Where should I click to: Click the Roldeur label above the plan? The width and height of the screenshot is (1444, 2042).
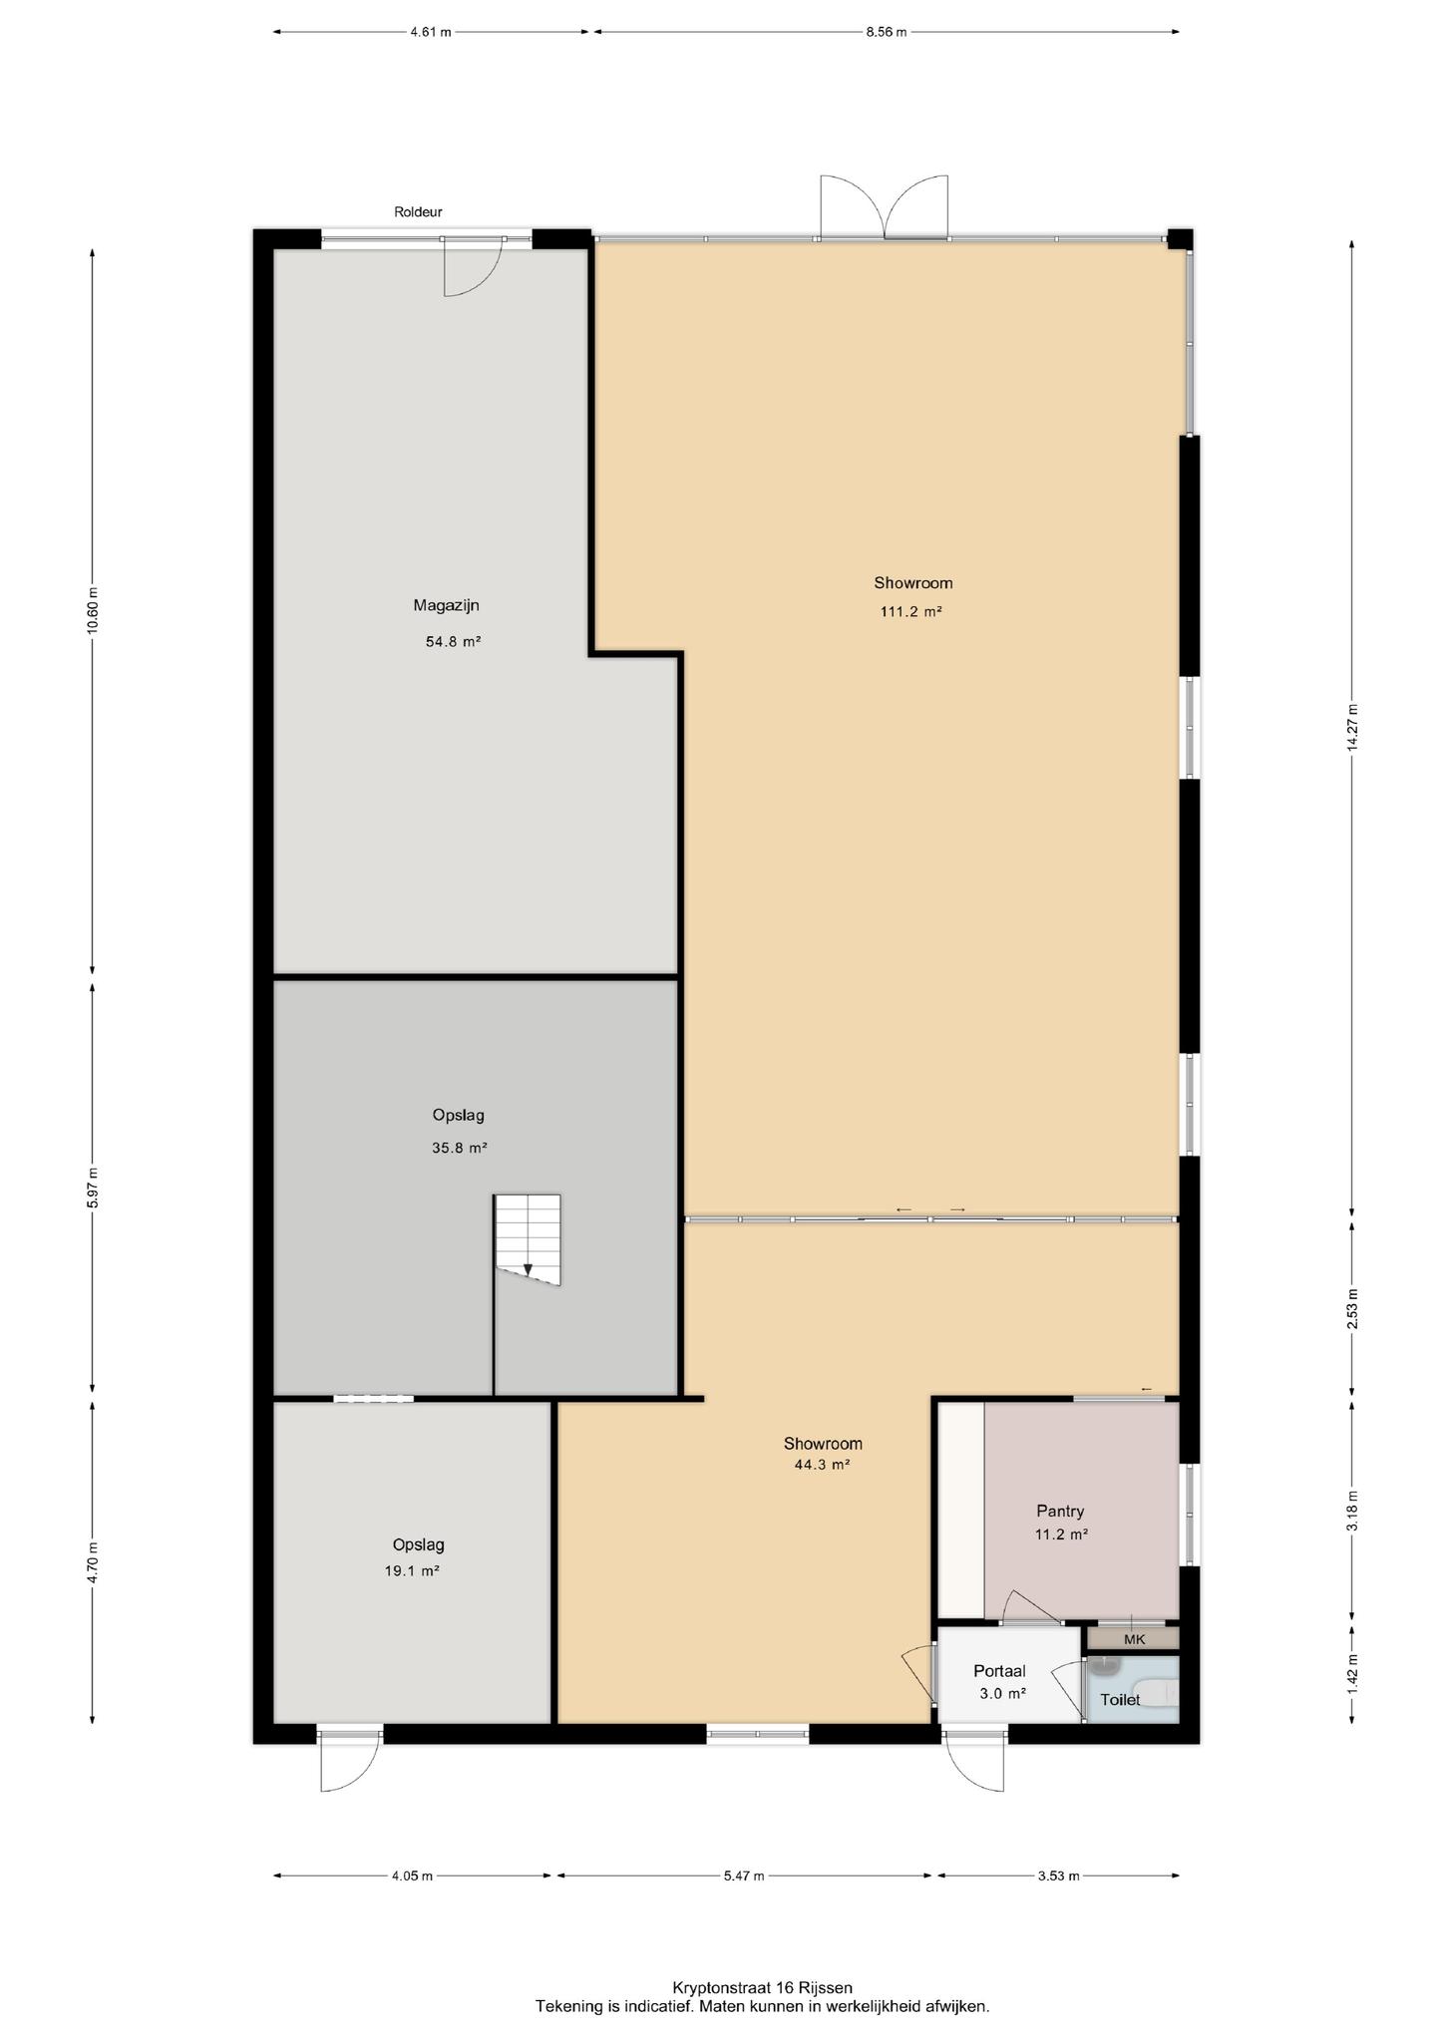pos(418,212)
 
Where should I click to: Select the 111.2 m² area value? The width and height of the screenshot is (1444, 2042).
pos(911,612)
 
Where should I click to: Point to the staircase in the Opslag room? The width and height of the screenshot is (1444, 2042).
pos(528,1239)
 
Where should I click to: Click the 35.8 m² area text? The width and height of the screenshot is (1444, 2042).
pos(460,1148)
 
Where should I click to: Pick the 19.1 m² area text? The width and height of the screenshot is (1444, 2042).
pos(413,1570)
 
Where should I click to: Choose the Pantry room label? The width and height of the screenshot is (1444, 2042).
pos(1060,1512)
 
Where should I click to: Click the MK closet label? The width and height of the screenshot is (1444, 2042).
pos(1135,1639)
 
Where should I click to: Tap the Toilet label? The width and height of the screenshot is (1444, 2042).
pos(1120,1700)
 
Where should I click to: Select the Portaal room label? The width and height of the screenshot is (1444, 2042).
pos(999,1671)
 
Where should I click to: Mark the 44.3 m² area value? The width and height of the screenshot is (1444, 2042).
pos(822,1465)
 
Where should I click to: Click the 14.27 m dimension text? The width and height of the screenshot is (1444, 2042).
pos(1352,727)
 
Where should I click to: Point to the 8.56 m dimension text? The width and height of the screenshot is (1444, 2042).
pos(886,32)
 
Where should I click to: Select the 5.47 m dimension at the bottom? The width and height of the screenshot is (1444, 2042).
pos(744,1875)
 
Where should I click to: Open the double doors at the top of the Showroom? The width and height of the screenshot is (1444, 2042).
pos(884,207)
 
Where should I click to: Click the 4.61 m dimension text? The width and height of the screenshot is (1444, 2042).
pos(430,32)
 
